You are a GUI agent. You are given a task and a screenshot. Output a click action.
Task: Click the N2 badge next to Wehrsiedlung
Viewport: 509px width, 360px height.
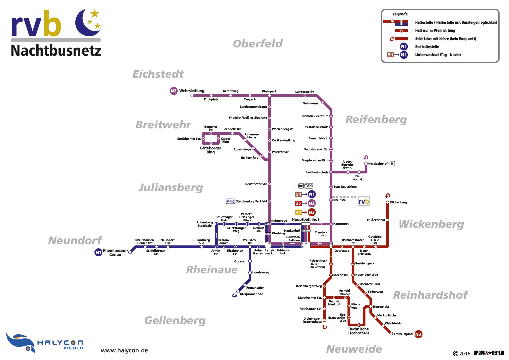pos(174,91)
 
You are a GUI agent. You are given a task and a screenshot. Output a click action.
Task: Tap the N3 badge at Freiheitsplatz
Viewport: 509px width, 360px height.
pos(418,334)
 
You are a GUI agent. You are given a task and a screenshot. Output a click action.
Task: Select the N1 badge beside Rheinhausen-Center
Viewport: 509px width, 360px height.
pos(98,252)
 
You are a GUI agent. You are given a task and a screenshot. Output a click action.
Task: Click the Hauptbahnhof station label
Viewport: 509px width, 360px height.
pos(305,219)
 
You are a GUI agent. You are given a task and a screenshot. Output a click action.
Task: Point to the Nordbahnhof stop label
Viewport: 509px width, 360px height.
pos(378,164)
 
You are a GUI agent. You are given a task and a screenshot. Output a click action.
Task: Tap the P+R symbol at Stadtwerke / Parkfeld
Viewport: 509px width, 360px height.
pos(230,201)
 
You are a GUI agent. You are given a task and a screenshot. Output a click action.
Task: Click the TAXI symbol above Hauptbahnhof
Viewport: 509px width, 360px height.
pos(309,186)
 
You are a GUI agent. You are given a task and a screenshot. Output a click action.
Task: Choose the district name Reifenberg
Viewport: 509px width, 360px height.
pos(376,119)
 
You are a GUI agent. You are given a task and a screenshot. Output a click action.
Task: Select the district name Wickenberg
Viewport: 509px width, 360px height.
pos(431,224)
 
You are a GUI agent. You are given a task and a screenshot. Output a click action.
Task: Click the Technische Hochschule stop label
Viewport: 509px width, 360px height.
pos(359,331)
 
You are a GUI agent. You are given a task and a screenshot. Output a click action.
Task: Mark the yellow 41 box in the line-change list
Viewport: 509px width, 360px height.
pos(298,212)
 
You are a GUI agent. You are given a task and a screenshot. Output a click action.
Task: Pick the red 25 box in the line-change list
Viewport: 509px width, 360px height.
pos(298,203)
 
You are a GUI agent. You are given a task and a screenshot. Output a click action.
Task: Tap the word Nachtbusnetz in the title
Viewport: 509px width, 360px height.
pos(56,51)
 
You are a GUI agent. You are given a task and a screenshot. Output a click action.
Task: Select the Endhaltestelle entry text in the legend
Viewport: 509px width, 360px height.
pos(427,47)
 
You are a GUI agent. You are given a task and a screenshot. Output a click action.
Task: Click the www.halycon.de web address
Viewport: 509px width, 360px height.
pos(124,350)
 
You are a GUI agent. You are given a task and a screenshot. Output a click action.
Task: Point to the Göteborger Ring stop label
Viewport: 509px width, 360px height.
pos(210,150)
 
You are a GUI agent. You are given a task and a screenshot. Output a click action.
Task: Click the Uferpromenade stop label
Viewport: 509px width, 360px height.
pos(251,294)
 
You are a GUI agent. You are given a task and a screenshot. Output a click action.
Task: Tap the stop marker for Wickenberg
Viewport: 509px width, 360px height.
pos(387,202)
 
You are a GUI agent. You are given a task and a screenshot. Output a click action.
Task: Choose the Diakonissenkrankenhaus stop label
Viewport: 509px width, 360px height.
pos(312,320)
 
